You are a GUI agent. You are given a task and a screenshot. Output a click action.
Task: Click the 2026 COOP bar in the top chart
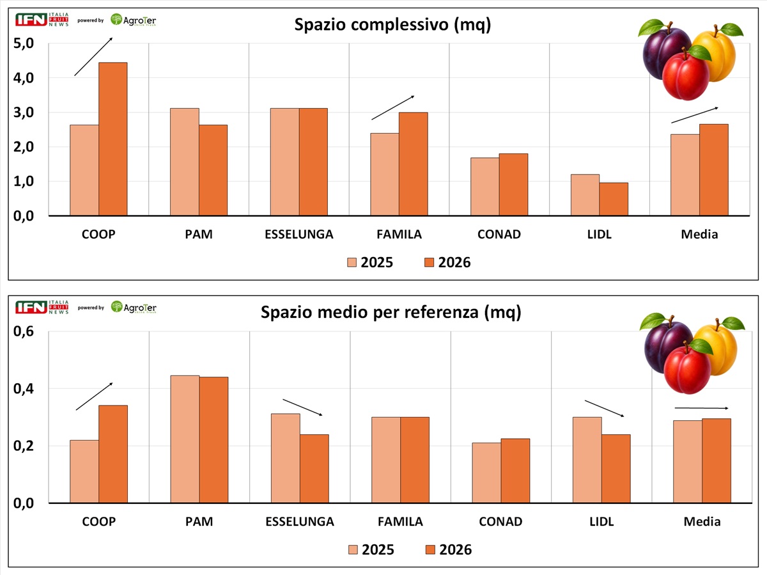[113, 139]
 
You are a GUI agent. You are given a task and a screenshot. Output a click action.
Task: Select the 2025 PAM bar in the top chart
[185, 162]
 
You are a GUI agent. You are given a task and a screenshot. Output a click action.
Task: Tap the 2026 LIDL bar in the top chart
[614, 199]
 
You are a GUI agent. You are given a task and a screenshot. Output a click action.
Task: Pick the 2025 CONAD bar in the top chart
[484, 186]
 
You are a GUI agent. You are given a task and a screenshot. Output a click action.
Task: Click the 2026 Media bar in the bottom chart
[717, 461]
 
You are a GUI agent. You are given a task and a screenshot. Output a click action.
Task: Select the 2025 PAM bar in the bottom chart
[185, 439]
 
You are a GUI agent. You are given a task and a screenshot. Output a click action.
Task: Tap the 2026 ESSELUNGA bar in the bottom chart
[314, 469]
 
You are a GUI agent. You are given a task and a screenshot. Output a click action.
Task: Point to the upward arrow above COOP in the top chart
[93, 57]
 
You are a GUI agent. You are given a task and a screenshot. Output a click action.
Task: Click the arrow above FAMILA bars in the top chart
[392, 107]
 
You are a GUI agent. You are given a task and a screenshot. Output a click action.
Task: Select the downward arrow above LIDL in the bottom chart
[604, 409]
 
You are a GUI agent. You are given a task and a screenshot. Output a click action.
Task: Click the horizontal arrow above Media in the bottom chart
[701, 408]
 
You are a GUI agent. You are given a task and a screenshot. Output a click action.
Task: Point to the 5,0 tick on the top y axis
[24, 43]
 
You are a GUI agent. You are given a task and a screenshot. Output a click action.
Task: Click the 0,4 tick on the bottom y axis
[24, 389]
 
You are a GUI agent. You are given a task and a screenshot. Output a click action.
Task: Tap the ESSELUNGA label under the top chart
[298, 234]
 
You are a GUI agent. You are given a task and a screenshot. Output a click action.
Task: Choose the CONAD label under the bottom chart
[500, 521]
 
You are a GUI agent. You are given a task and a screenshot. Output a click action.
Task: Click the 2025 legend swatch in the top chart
[352, 262]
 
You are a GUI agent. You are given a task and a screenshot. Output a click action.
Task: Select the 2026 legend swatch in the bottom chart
[430, 550]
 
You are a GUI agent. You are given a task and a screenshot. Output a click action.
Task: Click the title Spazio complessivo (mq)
[392, 24]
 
